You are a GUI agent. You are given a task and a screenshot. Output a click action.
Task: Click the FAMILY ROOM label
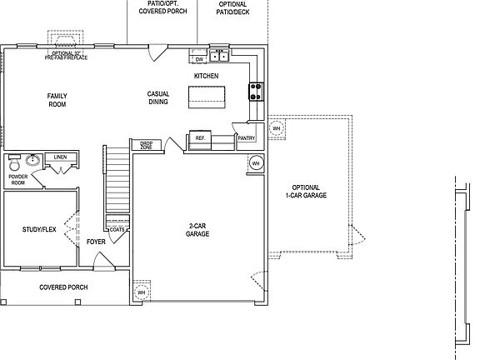(x=57, y=101)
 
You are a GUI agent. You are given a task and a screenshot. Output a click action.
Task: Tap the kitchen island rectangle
(x=207, y=99)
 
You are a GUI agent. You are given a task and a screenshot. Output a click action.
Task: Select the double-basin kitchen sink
(x=219, y=57)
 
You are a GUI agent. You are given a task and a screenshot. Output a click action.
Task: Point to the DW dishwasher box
(x=199, y=59)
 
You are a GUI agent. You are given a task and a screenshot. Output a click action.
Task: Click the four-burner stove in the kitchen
(x=256, y=90)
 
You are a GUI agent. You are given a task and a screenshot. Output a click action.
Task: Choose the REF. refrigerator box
(x=200, y=138)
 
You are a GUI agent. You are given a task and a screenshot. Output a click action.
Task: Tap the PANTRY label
(x=246, y=138)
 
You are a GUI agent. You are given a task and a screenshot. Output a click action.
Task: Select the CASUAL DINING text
(x=157, y=98)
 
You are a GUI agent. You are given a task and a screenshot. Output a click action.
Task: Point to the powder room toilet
(x=13, y=163)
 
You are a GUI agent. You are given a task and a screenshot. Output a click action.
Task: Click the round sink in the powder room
(x=33, y=160)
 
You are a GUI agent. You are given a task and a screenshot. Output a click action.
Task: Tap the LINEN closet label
(x=60, y=157)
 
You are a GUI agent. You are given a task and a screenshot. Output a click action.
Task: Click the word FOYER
(x=96, y=242)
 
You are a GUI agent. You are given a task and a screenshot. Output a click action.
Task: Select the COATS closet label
(x=117, y=228)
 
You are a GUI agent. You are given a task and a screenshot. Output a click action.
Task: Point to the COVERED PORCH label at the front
(x=64, y=287)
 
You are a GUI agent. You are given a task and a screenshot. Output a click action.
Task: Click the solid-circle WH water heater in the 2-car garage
(x=256, y=162)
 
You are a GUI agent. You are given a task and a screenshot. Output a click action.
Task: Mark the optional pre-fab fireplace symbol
(x=65, y=41)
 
